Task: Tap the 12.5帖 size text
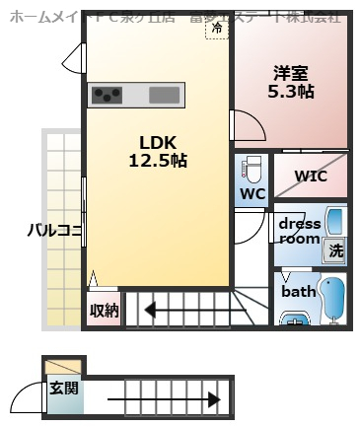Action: (158, 160)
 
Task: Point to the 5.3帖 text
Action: (292, 90)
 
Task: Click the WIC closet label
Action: (312, 177)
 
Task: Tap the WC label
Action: (252, 193)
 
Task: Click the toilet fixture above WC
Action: (252, 167)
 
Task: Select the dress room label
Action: (298, 231)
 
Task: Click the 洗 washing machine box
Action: (336, 250)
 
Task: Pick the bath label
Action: (298, 292)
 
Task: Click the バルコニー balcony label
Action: (54, 232)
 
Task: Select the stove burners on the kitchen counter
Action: (108, 96)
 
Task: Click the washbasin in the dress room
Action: (335, 221)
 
